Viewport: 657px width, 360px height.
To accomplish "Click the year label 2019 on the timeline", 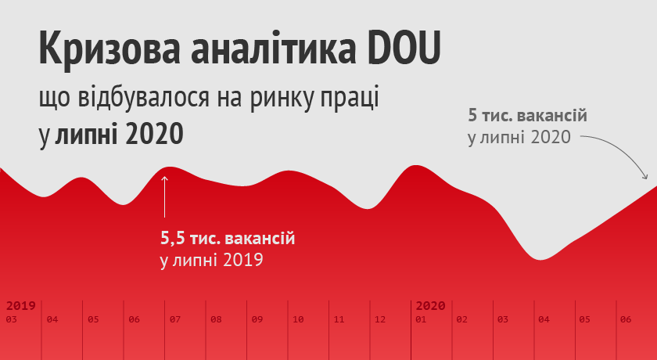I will click(20, 305).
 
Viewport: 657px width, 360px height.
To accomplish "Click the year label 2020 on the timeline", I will click(430, 305).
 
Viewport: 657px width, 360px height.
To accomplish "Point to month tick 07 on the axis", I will click(174, 319).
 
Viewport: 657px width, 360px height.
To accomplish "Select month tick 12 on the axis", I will click(380, 319).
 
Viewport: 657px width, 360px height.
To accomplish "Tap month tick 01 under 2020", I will click(421, 319).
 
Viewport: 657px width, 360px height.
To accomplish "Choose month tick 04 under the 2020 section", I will click(544, 319).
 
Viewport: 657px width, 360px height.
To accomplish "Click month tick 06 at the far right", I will click(626, 319).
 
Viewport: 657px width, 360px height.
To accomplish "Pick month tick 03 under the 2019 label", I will click(11, 319).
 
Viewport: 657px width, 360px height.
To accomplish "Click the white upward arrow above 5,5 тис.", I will click(164, 196).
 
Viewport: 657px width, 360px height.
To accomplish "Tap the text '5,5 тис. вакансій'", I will click(228, 236).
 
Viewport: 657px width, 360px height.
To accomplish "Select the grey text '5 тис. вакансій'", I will click(527, 117).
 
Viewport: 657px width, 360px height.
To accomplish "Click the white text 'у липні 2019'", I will click(210, 258).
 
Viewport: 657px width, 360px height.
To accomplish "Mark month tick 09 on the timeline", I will click(257, 319).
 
